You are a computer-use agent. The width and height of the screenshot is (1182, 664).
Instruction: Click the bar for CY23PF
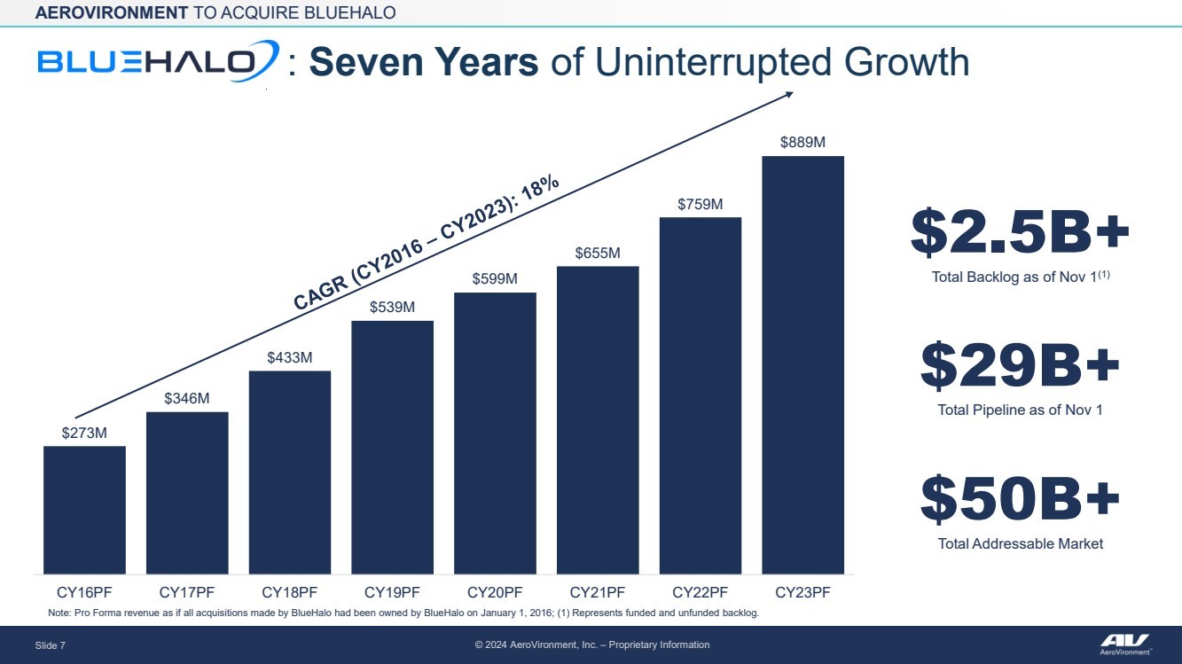pyautogui.click(x=802, y=364)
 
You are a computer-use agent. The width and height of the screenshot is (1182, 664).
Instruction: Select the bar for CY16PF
pyautogui.click(x=84, y=510)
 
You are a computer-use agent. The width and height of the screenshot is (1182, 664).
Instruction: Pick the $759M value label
pyautogui.click(x=701, y=205)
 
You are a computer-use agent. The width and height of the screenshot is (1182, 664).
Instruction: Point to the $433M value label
pyautogui.click(x=290, y=358)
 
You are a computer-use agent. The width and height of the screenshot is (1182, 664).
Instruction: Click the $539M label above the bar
pyautogui.click(x=392, y=308)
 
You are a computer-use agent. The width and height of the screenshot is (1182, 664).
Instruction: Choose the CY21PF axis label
pyautogui.click(x=598, y=592)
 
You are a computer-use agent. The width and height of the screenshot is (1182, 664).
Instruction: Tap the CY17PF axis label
pyautogui.click(x=187, y=592)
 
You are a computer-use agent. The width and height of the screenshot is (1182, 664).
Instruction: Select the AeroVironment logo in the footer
pyautogui.click(x=1124, y=644)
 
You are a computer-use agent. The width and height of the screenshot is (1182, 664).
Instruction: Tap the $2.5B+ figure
pyautogui.click(x=1020, y=232)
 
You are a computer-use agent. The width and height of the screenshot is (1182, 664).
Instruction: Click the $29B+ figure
pyautogui.click(x=1020, y=366)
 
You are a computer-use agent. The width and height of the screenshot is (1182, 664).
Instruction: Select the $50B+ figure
pyautogui.click(x=1020, y=499)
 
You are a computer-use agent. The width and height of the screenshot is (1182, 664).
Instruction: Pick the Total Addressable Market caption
pyautogui.click(x=1021, y=543)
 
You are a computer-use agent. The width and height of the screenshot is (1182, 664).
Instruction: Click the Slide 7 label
pyautogui.click(x=51, y=645)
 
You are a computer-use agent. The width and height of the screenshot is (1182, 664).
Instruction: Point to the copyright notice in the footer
pyautogui.click(x=592, y=644)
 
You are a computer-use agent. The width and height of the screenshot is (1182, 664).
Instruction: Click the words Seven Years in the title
pyautogui.click(x=424, y=63)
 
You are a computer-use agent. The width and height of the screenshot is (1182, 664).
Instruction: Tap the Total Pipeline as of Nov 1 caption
pyautogui.click(x=1020, y=410)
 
